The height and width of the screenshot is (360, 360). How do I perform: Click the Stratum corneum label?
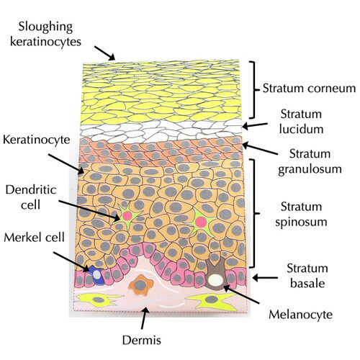[309, 89]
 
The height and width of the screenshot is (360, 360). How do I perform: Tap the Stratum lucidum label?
[301, 122]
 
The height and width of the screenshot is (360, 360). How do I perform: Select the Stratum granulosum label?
[310, 161]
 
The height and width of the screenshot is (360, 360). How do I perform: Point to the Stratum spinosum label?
[301, 214]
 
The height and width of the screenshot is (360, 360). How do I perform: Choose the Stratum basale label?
[307, 276]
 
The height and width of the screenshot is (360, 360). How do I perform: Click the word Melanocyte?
[300, 315]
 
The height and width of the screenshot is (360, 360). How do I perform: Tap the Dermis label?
[142, 340]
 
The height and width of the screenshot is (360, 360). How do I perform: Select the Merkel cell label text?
[34, 238]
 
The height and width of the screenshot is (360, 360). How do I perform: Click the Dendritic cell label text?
[31, 197]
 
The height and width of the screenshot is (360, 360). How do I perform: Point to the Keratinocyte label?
[37, 140]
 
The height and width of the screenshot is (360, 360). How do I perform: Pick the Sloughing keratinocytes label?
[45, 34]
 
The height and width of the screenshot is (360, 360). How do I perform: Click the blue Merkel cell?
[96, 275]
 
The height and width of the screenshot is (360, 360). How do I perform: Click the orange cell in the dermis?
[141, 285]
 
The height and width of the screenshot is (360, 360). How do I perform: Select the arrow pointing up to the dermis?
[144, 318]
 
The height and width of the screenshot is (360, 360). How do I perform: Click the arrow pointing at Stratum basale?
[265, 278]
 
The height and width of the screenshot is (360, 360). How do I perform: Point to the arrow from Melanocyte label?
[241, 294]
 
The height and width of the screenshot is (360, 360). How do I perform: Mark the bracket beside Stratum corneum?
[253, 90]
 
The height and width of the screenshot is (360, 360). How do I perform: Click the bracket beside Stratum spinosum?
[253, 213]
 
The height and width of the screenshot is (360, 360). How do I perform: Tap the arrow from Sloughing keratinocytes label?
[104, 53]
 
